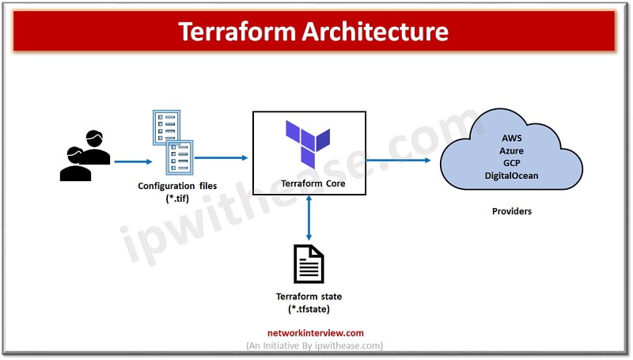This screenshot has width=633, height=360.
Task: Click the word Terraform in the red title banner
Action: (x=237, y=32)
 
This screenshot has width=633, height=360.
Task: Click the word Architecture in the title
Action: (x=375, y=32)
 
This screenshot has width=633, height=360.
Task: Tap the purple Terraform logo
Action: (x=308, y=144)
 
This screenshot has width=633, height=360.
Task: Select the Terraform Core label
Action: (x=313, y=184)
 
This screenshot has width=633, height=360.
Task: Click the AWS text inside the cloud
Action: (x=511, y=138)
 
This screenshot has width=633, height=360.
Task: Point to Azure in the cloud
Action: (x=511, y=150)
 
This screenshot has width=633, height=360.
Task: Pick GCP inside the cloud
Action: (x=511, y=163)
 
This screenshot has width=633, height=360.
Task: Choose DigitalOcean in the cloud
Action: (x=511, y=176)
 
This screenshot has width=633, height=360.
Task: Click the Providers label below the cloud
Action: (x=511, y=211)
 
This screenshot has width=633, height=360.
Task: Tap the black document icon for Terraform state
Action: (x=309, y=264)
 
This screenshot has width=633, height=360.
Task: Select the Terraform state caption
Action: (x=309, y=297)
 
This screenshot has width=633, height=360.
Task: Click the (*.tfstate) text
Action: (x=309, y=309)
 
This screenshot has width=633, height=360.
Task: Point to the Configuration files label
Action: (x=177, y=186)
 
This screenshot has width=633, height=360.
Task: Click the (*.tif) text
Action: (x=177, y=199)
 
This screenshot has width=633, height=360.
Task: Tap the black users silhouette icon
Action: (x=85, y=155)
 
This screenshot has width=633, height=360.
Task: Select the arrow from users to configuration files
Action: (x=133, y=162)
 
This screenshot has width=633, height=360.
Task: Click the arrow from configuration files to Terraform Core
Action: (x=222, y=157)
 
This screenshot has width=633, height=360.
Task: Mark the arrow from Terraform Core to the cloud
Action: (x=398, y=161)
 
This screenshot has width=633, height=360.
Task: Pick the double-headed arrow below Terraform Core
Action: (x=309, y=218)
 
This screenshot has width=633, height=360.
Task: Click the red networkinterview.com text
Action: (x=315, y=333)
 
